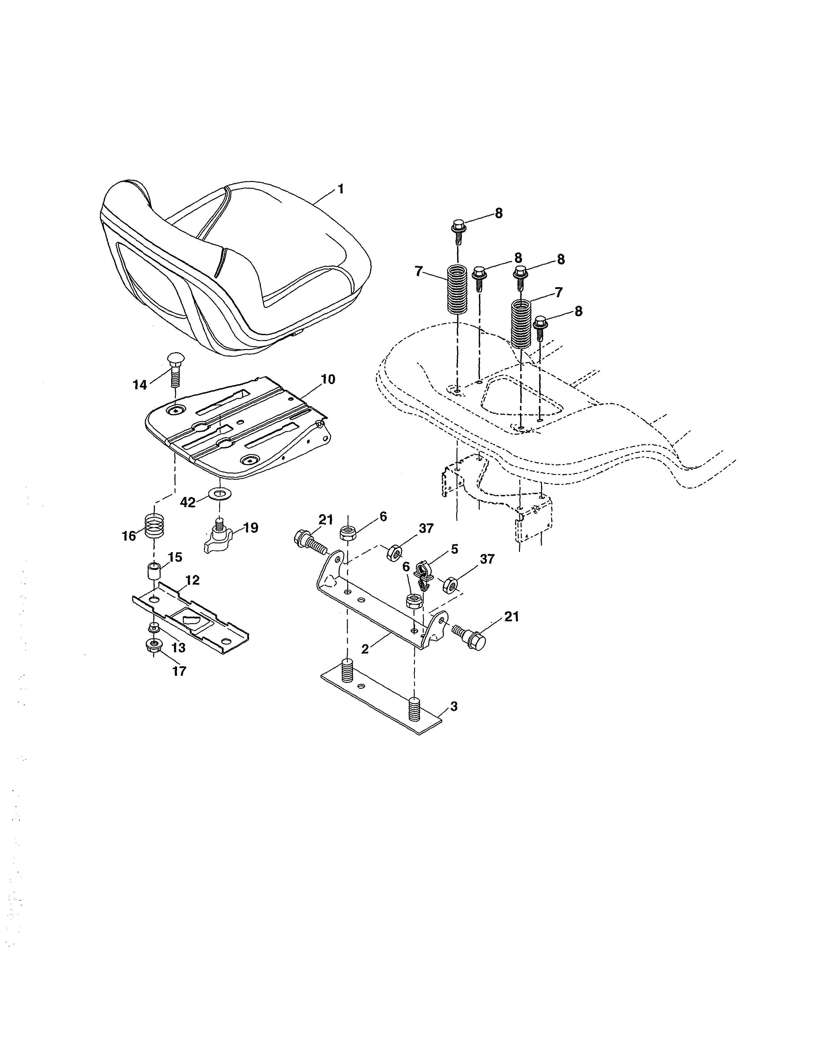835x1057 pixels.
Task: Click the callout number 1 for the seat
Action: pyautogui.click(x=341, y=189)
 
